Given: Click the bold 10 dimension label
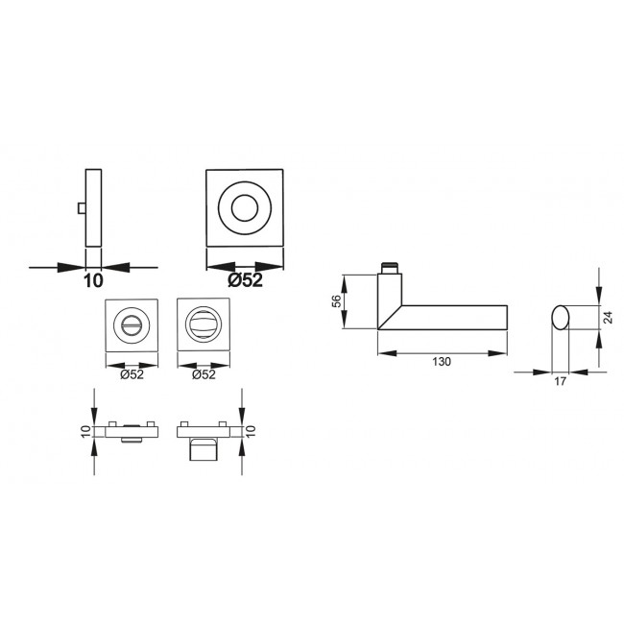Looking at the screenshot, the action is click(93, 280).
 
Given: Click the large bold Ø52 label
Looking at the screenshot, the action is click(245, 280).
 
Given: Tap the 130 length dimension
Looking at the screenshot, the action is click(442, 361).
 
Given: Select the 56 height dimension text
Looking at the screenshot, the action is click(336, 301).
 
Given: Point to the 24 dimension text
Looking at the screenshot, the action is click(608, 317).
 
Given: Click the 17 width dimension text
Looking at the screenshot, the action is click(560, 381).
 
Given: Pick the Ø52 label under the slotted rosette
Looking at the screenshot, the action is click(132, 374).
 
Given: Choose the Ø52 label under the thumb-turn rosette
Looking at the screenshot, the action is click(204, 374).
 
